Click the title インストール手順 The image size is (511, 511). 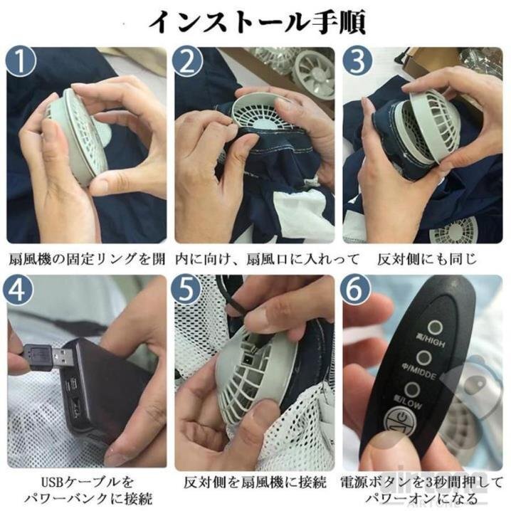pos(256,21)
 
